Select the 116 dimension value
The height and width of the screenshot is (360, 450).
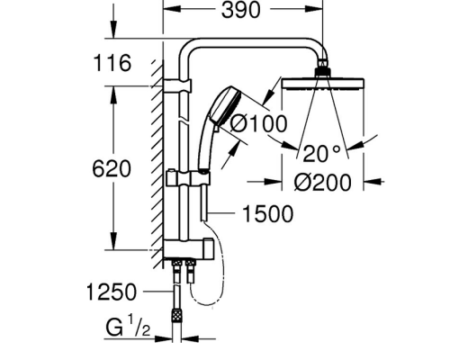click(113, 63)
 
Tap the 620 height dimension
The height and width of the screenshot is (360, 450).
click(113, 168)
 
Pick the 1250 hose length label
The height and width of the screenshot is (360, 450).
click(112, 291)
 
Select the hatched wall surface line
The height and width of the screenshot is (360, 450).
click(157, 162)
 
